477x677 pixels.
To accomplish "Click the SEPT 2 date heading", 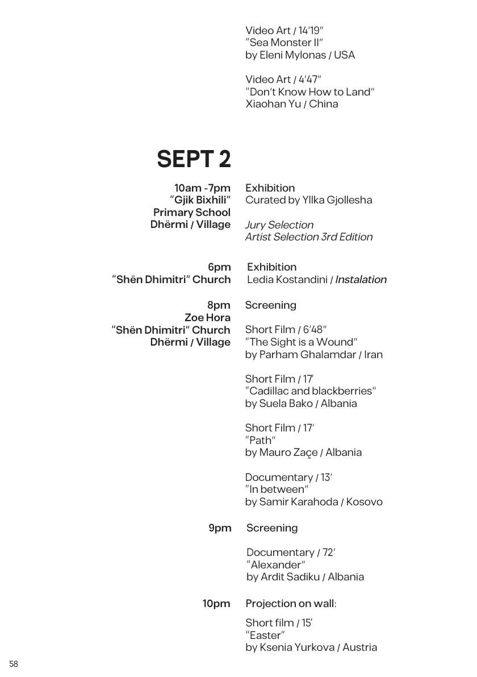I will click(x=194, y=160).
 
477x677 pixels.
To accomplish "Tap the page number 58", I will click(x=14, y=664).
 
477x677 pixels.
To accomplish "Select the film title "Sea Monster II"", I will click(x=284, y=43).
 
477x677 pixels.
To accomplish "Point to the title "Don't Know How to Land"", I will click(x=310, y=92).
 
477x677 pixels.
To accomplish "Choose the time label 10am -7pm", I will click(x=202, y=188).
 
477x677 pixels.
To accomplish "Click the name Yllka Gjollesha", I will click(x=337, y=200).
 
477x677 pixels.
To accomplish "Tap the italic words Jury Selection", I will click(x=279, y=225).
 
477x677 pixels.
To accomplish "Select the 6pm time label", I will click(x=219, y=267).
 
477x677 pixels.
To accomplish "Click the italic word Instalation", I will click(x=361, y=280).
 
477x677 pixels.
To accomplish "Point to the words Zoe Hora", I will click(x=207, y=317).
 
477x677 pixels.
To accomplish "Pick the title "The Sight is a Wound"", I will click(x=301, y=342).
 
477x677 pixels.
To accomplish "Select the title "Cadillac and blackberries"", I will click(x=311, y=391).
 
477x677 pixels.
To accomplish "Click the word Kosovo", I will click(x=364, y=501).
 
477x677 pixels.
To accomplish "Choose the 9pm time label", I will click(x=220, y=528).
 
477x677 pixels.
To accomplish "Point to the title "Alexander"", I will click(x=277, y=564).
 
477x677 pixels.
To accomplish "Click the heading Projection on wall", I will click(x=290, y=603).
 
